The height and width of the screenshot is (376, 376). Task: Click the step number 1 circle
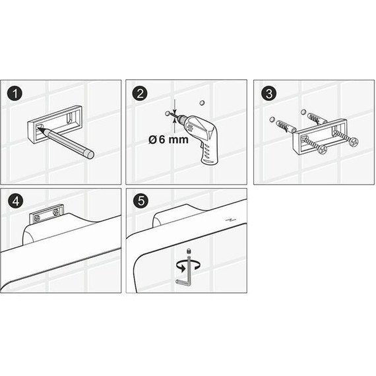pos(14,93)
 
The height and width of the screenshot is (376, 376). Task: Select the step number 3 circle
pos(268,93)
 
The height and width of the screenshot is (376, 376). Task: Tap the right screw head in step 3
pos(354,141)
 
